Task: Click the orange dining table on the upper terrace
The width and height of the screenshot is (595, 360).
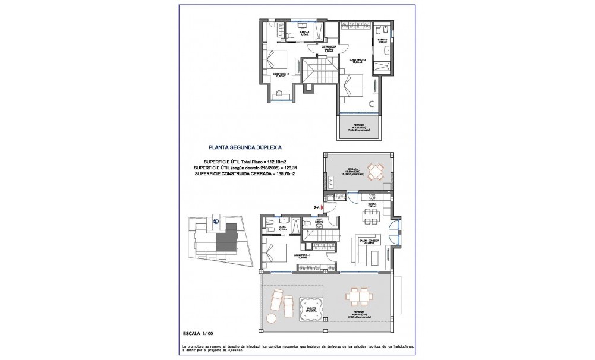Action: tap(375, 172)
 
